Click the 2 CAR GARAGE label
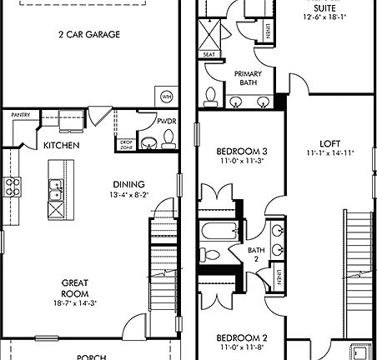point(89,35)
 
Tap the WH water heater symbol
point(167,97)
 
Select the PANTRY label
point(23,115)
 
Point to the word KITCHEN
point(62,146)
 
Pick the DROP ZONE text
point(126,145)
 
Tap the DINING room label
point(128,184)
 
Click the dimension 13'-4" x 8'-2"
point(128,195)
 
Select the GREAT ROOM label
point(75,287)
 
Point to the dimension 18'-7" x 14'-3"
point(75,304)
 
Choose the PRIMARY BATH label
point(248,78)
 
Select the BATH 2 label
point(257,255)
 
